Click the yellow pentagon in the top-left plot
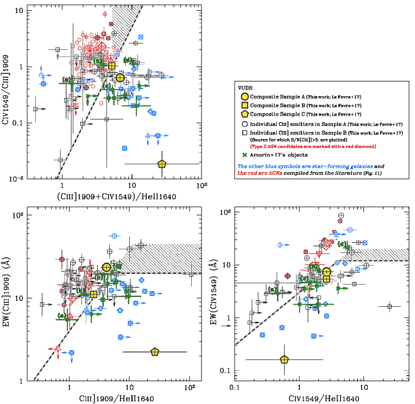161,163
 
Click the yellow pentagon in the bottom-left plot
155,352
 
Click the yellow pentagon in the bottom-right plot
284,359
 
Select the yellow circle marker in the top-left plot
120,78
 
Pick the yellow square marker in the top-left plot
112,66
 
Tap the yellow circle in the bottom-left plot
106,267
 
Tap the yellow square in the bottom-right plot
326,279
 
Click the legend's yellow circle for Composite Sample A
246,97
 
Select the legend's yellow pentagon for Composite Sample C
246,114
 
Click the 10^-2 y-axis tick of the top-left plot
16,179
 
